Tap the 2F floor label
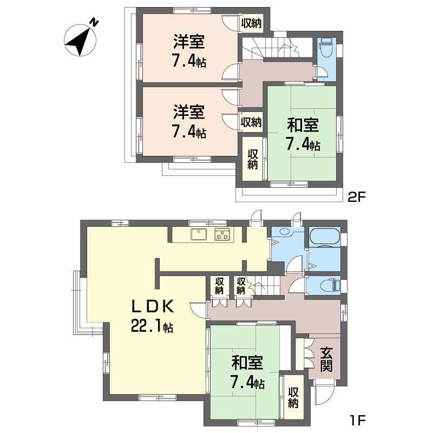(357, 198)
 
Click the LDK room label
(153, 307)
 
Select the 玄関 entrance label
(326, 360)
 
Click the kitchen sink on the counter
(198, 234)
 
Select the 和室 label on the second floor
(303, 126)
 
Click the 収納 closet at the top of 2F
(251, 23)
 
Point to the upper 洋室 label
(189, 41)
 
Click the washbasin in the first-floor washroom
(282, 233)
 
